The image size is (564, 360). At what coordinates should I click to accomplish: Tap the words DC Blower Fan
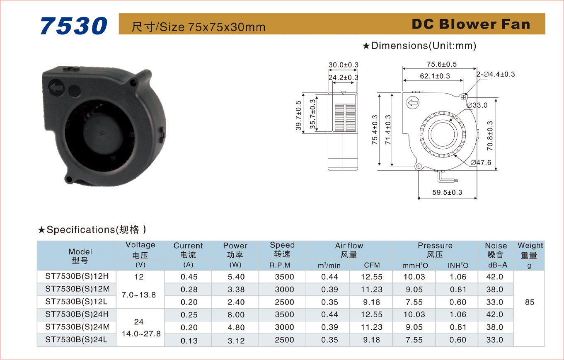coord(471,24)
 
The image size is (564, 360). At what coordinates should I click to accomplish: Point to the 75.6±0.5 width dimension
coord(442,64)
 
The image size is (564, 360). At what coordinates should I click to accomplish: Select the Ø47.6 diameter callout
coord(481,163)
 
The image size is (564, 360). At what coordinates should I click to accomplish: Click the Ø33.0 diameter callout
coord(477,105)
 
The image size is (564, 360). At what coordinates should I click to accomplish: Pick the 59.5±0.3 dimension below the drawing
coord(447,192)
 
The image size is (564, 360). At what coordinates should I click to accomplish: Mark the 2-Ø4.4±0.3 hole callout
coord(496,74)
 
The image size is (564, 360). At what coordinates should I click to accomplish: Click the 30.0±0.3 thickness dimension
coord(344,65)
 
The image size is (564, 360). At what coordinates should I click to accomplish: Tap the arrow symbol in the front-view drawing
coord(413,103)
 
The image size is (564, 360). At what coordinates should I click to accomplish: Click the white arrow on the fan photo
coord(56,88)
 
